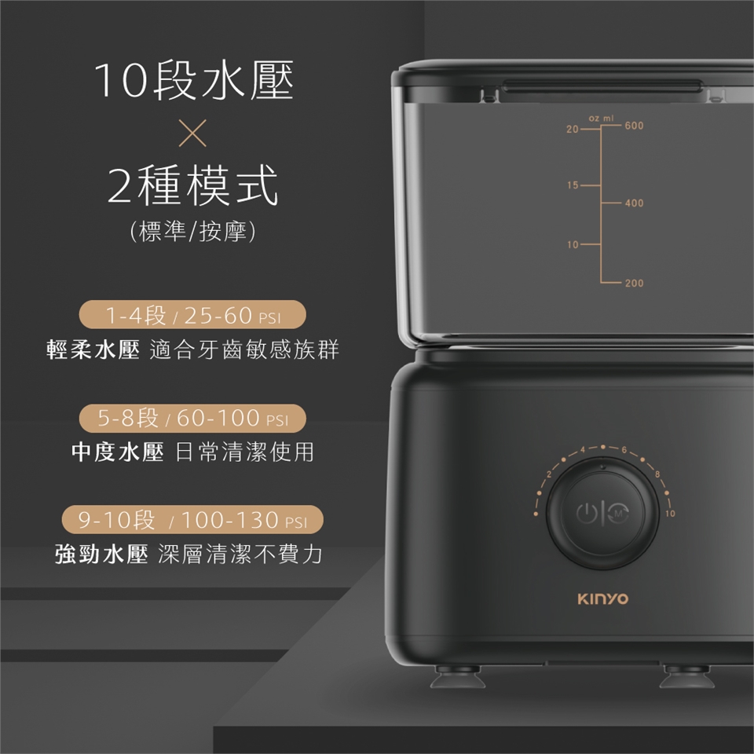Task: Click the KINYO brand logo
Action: point(602,599)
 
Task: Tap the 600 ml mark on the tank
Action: point(634,126)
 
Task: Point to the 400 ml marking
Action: point(634,203)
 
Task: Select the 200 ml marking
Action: point(634,282)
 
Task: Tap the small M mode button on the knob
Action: point(619,514)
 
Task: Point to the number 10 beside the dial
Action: point(669,513)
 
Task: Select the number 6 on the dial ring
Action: point(623,449)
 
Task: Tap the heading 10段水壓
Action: point(193,82)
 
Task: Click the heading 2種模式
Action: point(192,187)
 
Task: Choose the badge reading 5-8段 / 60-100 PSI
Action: point(192,418)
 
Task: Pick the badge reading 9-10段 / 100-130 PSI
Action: point(192,520)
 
